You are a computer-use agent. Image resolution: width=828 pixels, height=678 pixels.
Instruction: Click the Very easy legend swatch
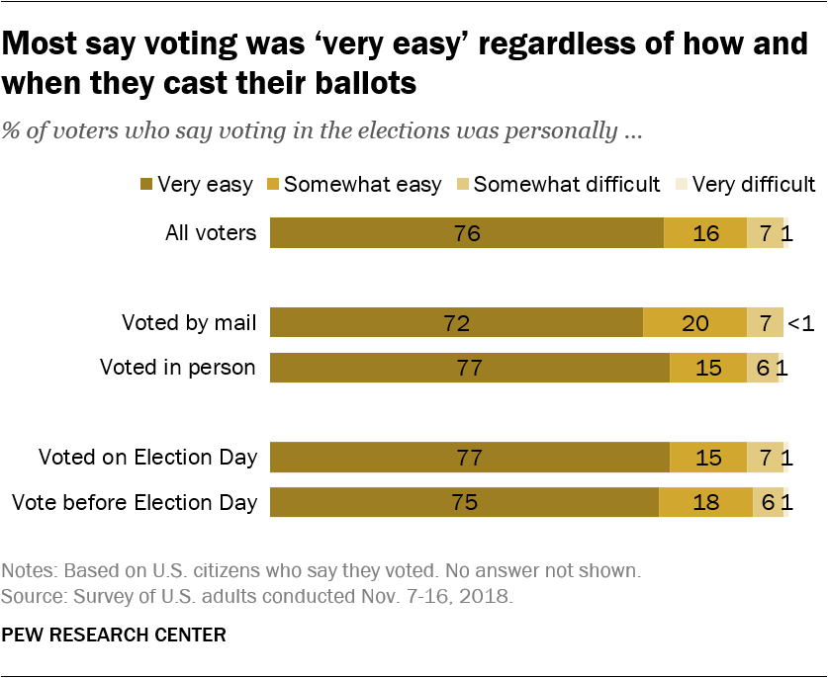click(146, 184)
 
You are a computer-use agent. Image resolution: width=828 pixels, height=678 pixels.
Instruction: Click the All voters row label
click(211, 233)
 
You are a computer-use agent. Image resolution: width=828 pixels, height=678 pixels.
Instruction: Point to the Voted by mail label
click(189, 322)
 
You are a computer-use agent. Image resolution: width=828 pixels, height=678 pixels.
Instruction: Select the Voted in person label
click(178, 368)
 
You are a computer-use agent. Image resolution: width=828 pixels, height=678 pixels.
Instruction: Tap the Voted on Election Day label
click(148, 457)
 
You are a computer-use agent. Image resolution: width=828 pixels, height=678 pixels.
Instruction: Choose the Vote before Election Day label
click(135, 502)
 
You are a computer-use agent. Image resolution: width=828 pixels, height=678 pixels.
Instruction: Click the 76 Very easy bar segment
click(466, 233)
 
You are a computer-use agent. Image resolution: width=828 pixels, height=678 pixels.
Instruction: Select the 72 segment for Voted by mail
click(456, 323)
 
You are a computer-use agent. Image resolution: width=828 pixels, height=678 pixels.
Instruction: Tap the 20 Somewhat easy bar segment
click(694, 323)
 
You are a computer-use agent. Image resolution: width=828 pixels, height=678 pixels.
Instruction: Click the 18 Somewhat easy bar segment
click(705, 502)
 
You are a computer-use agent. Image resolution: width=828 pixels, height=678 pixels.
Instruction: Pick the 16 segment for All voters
click(704, 233)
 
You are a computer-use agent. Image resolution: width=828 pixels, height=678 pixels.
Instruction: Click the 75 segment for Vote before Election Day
click(464, 502)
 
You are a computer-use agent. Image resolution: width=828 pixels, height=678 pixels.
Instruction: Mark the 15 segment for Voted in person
click(708, 368)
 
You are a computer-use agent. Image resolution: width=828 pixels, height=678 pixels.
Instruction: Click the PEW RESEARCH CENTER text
click(114, 634)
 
